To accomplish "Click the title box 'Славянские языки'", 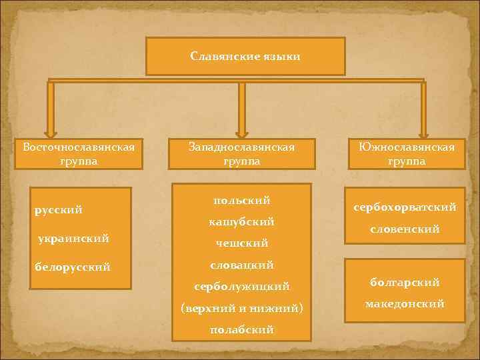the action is pyautogui.click(x=245, y=56).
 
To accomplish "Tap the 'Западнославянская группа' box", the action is pyautogui.click(x=241, y=153).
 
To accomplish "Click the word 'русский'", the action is pyautogui.click(x=59, y=210).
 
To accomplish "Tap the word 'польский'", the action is pyautogui.click(x=241, y=200).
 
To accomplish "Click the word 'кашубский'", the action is pyautogui.click(x=241, y=221).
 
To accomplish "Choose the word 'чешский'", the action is pyautogui.click(x=241, y=243).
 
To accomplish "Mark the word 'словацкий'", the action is pyautogui.click(x=241, y=265).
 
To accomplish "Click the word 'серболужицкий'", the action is pyautogui.click(x=241, y=287).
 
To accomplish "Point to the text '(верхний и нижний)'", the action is pyautogui.click(x=241, y=308).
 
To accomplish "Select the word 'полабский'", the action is pyautogui.click(x=241, y=329).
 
